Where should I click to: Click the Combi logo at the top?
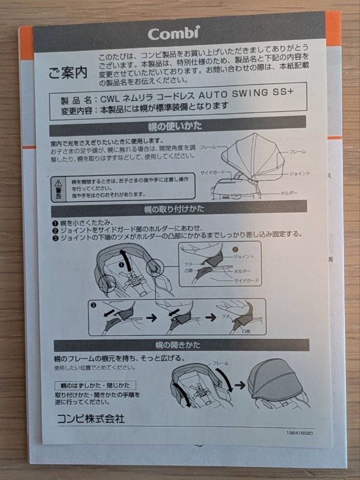pyautogui.click(x=174, y=33)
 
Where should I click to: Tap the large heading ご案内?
pyautogui.click(x=68, y=73)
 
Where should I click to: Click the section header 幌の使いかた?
pyautogui.click(x=175, y=126)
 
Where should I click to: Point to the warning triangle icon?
pyautogui.click(x=58, y=184)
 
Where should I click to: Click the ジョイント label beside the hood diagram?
pyautogui.click(x=300, y=174)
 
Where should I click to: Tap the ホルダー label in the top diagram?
pyautogui.click(x=289, y=193)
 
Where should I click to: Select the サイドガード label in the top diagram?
pyautogui.click(x=212, y=172)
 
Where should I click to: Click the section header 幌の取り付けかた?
pyautogui.click(x=174, y=209)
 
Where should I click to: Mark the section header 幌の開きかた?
pyautogui.click(x=178, y=345)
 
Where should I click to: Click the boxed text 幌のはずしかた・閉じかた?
pyautogui.click(x=95, y=385)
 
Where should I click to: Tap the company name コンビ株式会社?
pyautogui.click(x=91, y=419)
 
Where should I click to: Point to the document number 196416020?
pyautogui.click(x=300, y=433)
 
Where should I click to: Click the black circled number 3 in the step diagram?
pyautogui.click(x=94, y=305)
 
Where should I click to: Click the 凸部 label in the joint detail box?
pyautogui.click(x=188, y=271)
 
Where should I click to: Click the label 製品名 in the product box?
pyautogui.click(x=76, y=100)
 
